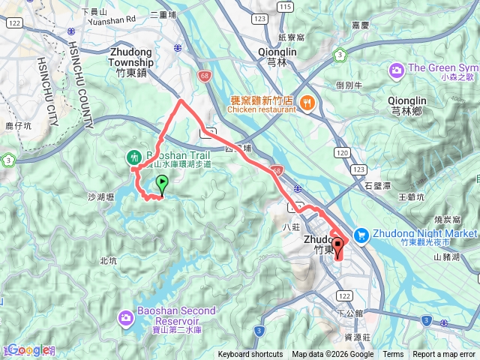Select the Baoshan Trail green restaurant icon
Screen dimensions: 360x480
pyautogui.click(x=133, y=157)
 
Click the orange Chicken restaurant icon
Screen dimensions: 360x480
pyautogui.click(x=307, y=103)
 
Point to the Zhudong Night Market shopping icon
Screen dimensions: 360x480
pyautogui.click(x=361, y=235)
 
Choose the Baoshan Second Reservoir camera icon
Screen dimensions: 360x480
pyautogui.click(x=126, y=319)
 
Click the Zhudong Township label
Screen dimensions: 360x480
pyautogui.click(x=131, y=58)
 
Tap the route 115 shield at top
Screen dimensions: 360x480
pyautogui.click(x=284, y=6)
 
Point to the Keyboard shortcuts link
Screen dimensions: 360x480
pyautogui.click(x=250, y=355)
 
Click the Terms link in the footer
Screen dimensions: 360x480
pyautogui.click(x=393, y=355)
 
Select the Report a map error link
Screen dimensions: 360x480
pyautogui.click(x=445, y=355)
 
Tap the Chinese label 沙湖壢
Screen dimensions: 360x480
pyautogui.click(x=100, y=197)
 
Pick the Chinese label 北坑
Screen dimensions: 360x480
pyautogui.click(x=108, y=261)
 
